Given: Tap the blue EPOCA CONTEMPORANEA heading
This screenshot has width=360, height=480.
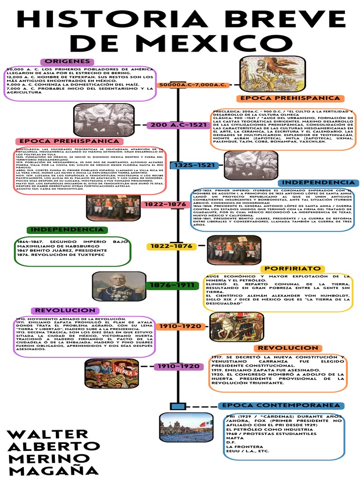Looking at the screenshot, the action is coord(281,405).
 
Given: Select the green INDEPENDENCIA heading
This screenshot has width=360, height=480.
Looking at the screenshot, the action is coord(67,230).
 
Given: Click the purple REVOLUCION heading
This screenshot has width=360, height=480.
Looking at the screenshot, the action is coord(65,310).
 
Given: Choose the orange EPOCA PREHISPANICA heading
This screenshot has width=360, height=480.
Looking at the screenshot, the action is coord(289,98).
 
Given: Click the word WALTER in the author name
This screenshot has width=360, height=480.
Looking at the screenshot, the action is coord(48,434).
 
